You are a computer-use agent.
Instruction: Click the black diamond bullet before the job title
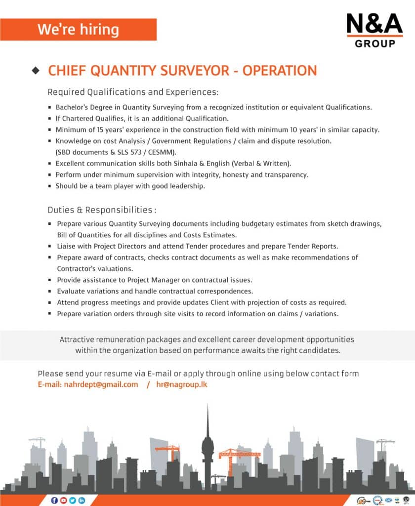(x=35, y=71)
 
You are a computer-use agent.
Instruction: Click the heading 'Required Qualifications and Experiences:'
(x=132, y=92)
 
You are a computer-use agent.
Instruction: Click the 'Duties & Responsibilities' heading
(x=102, y=210)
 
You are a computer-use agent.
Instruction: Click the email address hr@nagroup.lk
(x=181, y=384)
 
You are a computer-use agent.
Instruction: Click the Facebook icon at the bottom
(x=54, y=500)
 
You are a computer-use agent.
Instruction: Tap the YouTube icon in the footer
(x=63, y=500)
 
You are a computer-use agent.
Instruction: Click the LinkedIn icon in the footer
(x=82, y=500)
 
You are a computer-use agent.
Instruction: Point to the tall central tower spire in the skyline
(x=207, y=420)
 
